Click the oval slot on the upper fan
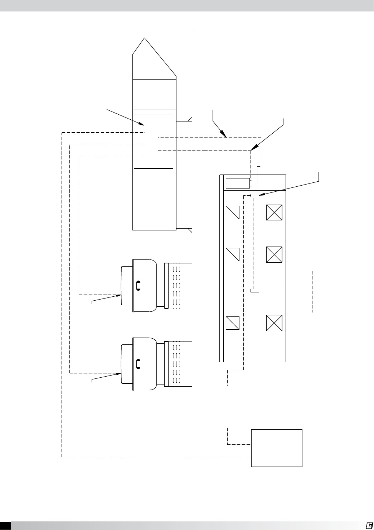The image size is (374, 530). (x=139, y=285)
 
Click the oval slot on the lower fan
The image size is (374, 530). (x=139, y=363)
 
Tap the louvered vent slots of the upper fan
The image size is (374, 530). (x=176, y=286)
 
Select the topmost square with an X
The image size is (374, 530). (x=275, y=213)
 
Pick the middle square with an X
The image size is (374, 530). (x=275, y=255)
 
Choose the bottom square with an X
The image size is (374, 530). (x=275, y=323)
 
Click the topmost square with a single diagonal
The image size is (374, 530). (x=233, y=213)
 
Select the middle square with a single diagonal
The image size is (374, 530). (x=233, y=255)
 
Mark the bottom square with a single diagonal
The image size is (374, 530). (x=233, y=323)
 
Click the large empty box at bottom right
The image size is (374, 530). (x=277, y=448)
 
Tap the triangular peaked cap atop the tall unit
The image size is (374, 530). (x=155, y=59)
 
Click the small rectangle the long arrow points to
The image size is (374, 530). (x=255, y=195)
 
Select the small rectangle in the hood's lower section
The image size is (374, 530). (x=254, y=290)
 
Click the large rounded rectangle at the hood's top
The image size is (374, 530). (x=238, y=183)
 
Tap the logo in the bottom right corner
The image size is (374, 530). (x=369, y=525)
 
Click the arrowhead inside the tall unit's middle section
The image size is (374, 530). (x=142, y=124)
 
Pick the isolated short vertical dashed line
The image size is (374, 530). (x=312, y=292)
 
